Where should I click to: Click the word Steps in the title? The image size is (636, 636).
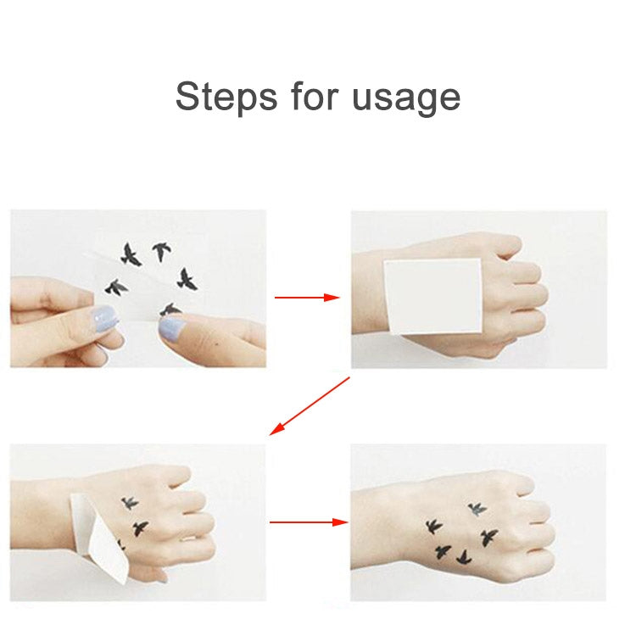(225, 97)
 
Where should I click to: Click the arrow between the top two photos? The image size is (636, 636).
(306, 298)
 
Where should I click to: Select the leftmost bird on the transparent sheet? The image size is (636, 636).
(114, 287)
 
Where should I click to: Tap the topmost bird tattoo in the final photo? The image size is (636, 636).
(477, 509)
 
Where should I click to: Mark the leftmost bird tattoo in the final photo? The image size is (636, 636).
(433, 527)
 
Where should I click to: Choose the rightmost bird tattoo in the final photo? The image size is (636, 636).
(489, 536)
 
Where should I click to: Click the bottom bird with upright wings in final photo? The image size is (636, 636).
(463, 557)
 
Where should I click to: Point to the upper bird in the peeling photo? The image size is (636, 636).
(130, 503)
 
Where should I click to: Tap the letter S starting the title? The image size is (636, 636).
(187, 97)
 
